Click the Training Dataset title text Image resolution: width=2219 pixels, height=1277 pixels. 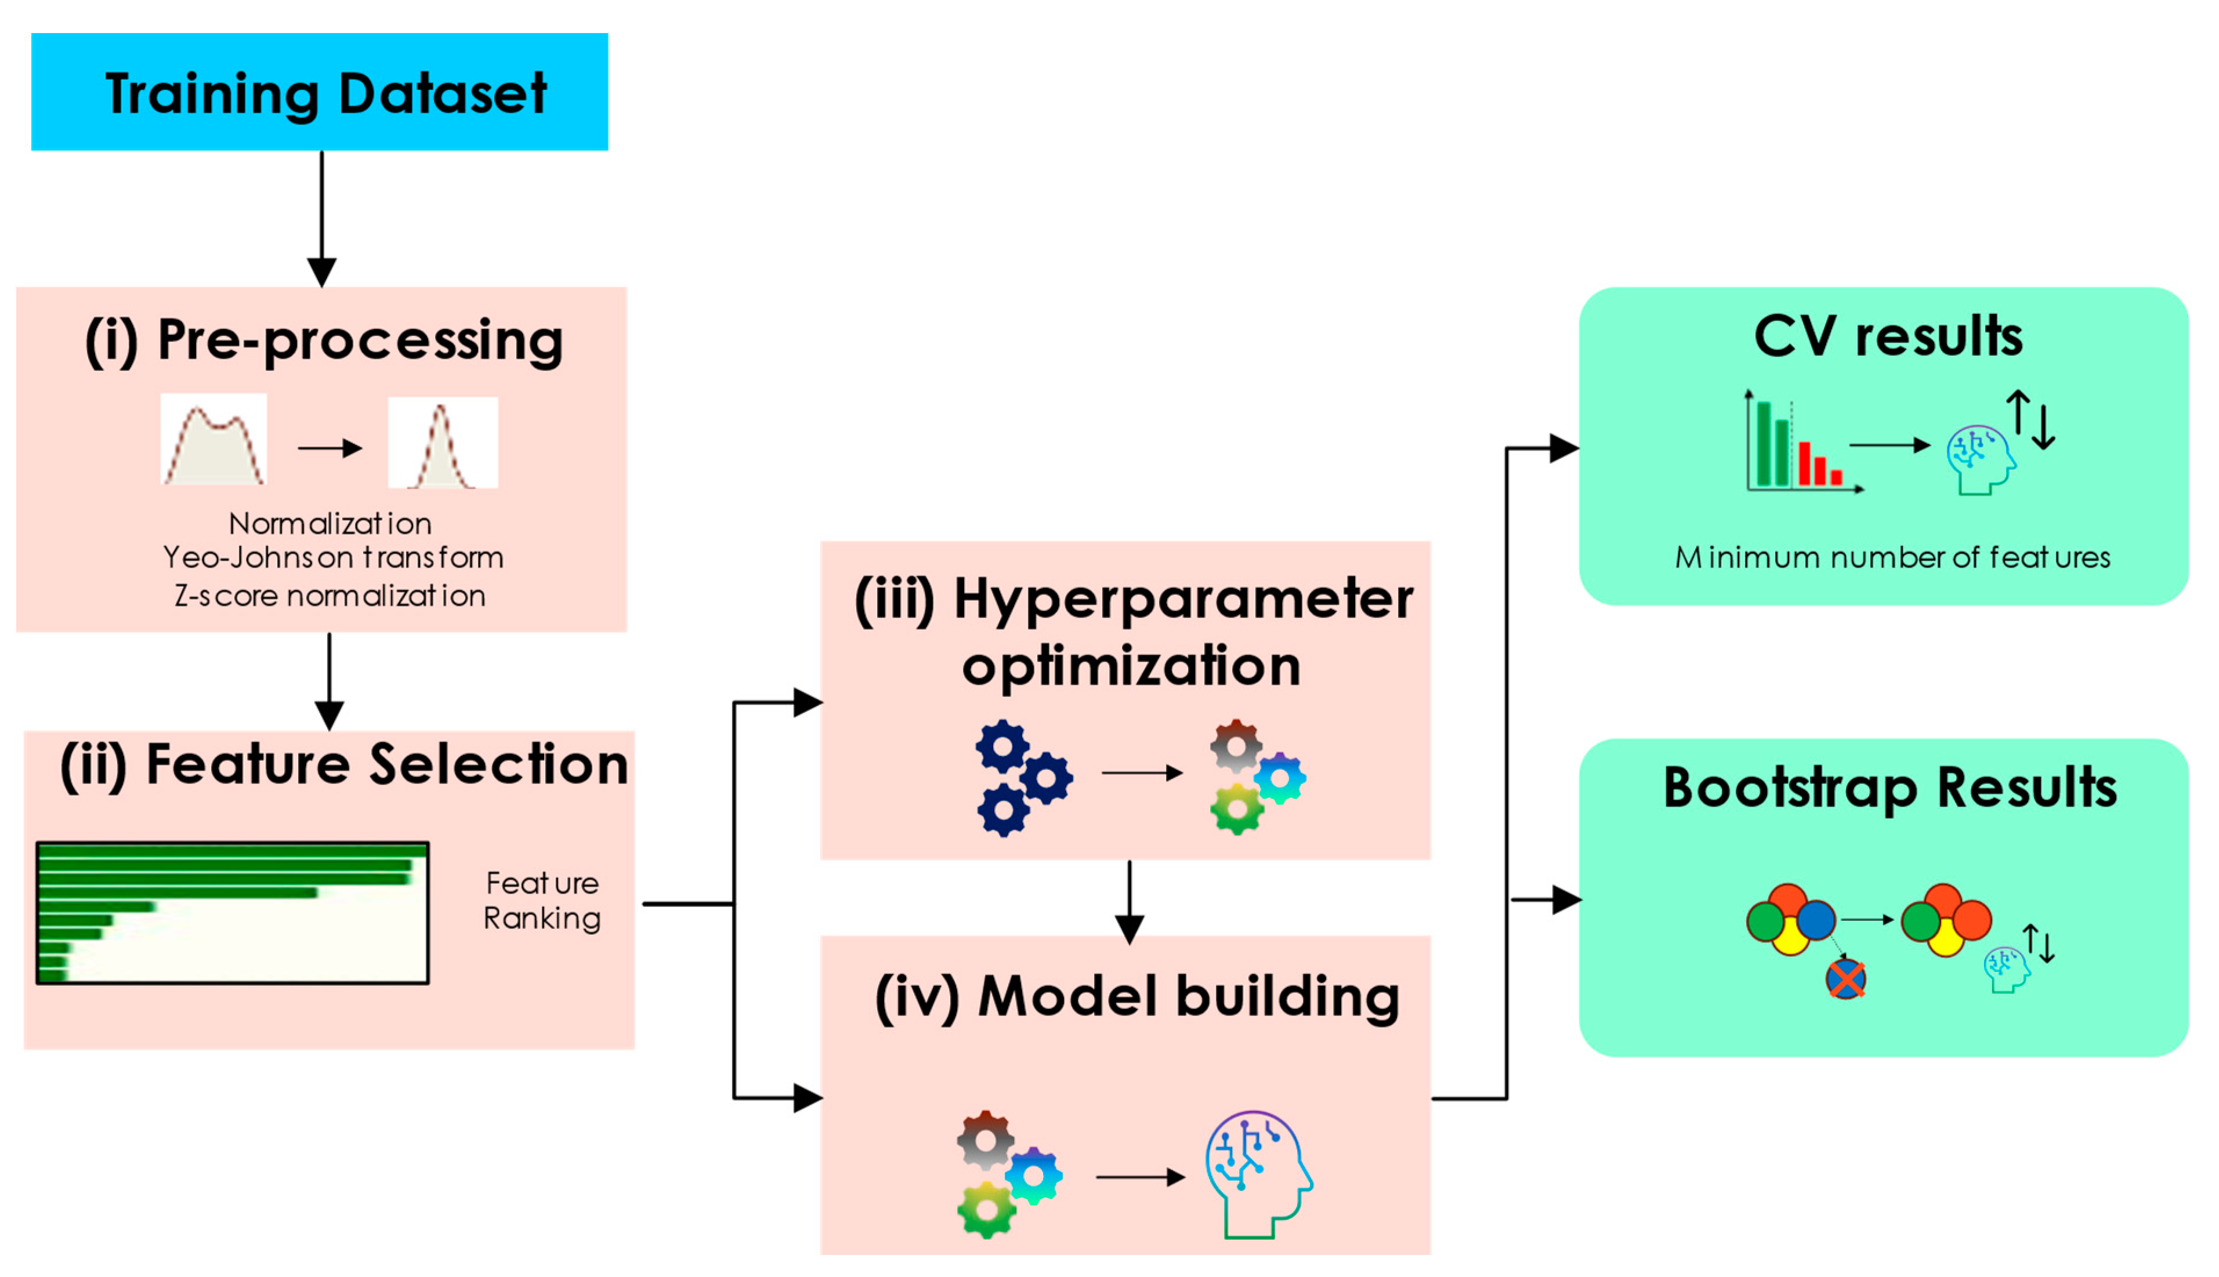point(325,94)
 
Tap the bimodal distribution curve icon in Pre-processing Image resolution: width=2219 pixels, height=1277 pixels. point(213,440)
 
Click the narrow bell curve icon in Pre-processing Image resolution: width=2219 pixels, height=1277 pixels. point(442,443)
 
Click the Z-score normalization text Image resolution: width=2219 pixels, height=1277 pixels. point(330,596)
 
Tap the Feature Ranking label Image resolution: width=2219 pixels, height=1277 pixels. point(542,901)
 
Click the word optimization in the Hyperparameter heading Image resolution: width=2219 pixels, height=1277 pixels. point(1131,666)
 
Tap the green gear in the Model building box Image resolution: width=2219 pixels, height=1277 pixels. point(987,1210)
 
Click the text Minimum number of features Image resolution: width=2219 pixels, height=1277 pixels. point(1892,558)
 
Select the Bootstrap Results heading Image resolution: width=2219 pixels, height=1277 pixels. point(1889,788)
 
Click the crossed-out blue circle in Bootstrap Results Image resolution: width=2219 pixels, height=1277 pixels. point(1845,979)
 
